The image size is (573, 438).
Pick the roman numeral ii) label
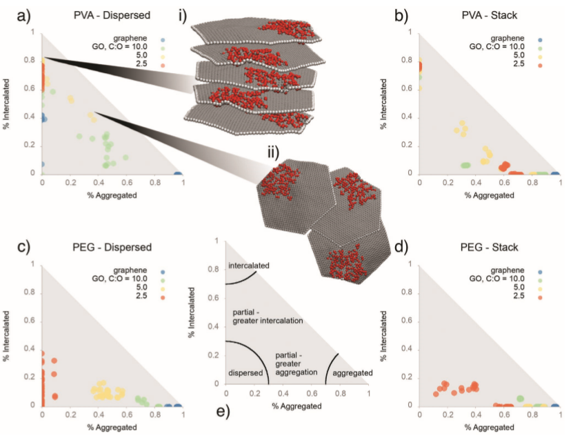coord(265,153)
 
